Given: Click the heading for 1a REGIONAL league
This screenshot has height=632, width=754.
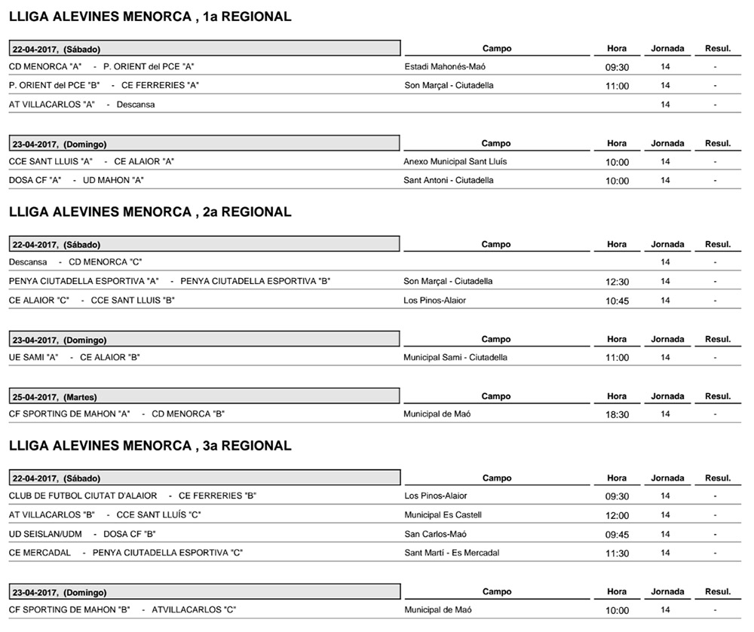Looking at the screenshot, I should tap(150, 17).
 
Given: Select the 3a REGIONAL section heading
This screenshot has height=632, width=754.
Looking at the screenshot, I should tap(150, 446).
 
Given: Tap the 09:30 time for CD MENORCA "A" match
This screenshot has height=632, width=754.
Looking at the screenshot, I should tap(617, 67).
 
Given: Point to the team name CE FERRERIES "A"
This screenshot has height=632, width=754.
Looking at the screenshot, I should tap(160, 85).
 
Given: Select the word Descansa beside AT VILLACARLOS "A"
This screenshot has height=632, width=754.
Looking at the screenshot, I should tap(136, 105).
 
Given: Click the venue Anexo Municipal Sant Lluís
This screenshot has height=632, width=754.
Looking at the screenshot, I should tap(455, 161).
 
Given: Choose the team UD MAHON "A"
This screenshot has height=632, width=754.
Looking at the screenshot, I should tap(113, 180).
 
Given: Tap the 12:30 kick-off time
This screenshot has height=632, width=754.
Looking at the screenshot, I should tap(617, 282).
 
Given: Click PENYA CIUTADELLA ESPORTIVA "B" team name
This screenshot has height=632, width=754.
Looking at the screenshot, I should tap(256, 281).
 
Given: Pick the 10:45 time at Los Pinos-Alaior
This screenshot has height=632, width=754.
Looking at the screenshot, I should tap(617, 301).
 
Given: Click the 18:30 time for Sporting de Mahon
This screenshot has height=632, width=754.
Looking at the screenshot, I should tap(617, 414).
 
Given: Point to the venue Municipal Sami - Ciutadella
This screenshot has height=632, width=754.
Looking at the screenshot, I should tap(455, 357).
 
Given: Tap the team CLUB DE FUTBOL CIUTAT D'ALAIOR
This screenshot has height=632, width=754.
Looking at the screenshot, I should tap(83, 496).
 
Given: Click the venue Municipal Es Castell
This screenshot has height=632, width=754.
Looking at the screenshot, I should tap(443, 514).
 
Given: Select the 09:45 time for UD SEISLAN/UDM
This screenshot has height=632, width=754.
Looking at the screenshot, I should tap(617, 535).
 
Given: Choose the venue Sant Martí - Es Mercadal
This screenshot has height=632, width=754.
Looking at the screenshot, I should tap(452, 553).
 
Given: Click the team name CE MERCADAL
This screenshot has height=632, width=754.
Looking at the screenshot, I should tap(40, 553).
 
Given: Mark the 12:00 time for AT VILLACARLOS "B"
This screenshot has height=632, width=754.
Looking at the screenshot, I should tap(617, 516).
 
